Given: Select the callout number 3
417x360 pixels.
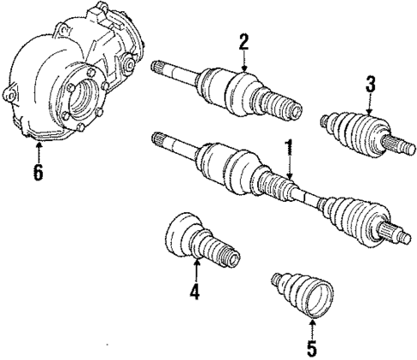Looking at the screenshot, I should (370, 84).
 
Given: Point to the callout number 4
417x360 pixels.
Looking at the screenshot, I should (195, 292).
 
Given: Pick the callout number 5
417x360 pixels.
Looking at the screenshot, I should (310, 349).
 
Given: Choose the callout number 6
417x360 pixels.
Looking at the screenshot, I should (36, 172).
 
